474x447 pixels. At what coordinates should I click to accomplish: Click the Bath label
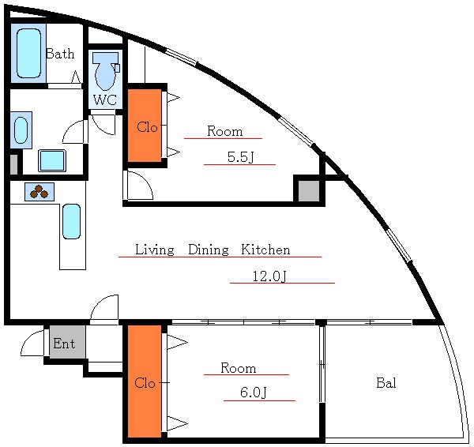pos(60,54)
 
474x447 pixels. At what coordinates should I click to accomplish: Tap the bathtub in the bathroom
pos(28,53)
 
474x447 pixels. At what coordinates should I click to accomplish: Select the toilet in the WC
pos(105,72)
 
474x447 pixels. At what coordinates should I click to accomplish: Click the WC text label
pos(105,100)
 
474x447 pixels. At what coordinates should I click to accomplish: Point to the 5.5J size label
pos(240,157)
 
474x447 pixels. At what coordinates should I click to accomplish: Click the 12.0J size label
pos(269,276)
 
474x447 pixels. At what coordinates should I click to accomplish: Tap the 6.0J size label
pos(254,393)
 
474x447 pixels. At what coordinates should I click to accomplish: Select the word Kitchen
pos(265,250)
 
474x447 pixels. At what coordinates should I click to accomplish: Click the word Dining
pos(209,250)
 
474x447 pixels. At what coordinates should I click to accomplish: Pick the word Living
pos(155,250)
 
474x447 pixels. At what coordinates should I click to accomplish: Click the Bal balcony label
pos(386,383)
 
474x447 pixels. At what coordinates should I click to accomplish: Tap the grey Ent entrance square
pos(67,342)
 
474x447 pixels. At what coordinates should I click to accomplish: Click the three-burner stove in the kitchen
pos(39,192)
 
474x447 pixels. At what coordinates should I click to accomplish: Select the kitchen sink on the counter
pos(72,222)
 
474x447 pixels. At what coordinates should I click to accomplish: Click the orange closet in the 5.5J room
pos(145,126)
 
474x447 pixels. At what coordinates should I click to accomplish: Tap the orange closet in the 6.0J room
pos(145,381)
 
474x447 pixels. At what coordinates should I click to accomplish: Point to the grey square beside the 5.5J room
pos(309,190)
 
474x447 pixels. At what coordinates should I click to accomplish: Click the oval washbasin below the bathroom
pos(21,130)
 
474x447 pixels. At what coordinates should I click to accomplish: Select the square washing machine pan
pos(52,160)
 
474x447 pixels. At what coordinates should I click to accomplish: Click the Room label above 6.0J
pos(239,368)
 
